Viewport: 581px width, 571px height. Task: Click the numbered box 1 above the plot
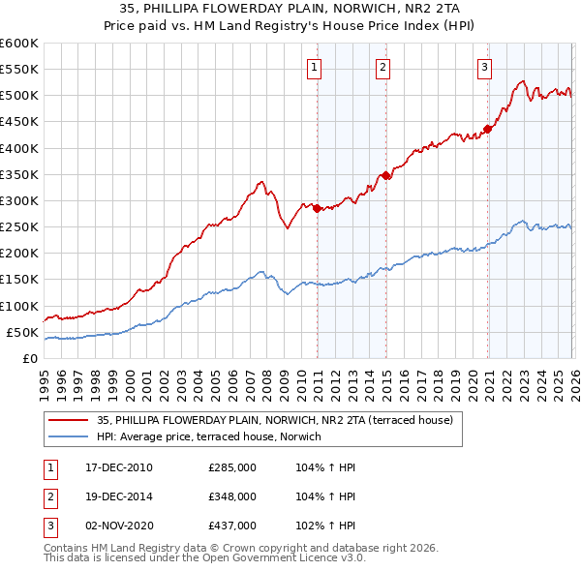317,67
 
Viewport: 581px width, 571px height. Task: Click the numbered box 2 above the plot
383,67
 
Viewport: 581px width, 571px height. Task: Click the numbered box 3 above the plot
484,67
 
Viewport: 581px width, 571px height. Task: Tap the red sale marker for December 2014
386,175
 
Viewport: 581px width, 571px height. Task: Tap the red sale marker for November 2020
487,129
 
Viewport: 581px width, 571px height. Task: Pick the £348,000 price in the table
232,496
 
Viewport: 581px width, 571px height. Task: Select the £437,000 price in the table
232,526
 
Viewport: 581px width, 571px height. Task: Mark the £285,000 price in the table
232,467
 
